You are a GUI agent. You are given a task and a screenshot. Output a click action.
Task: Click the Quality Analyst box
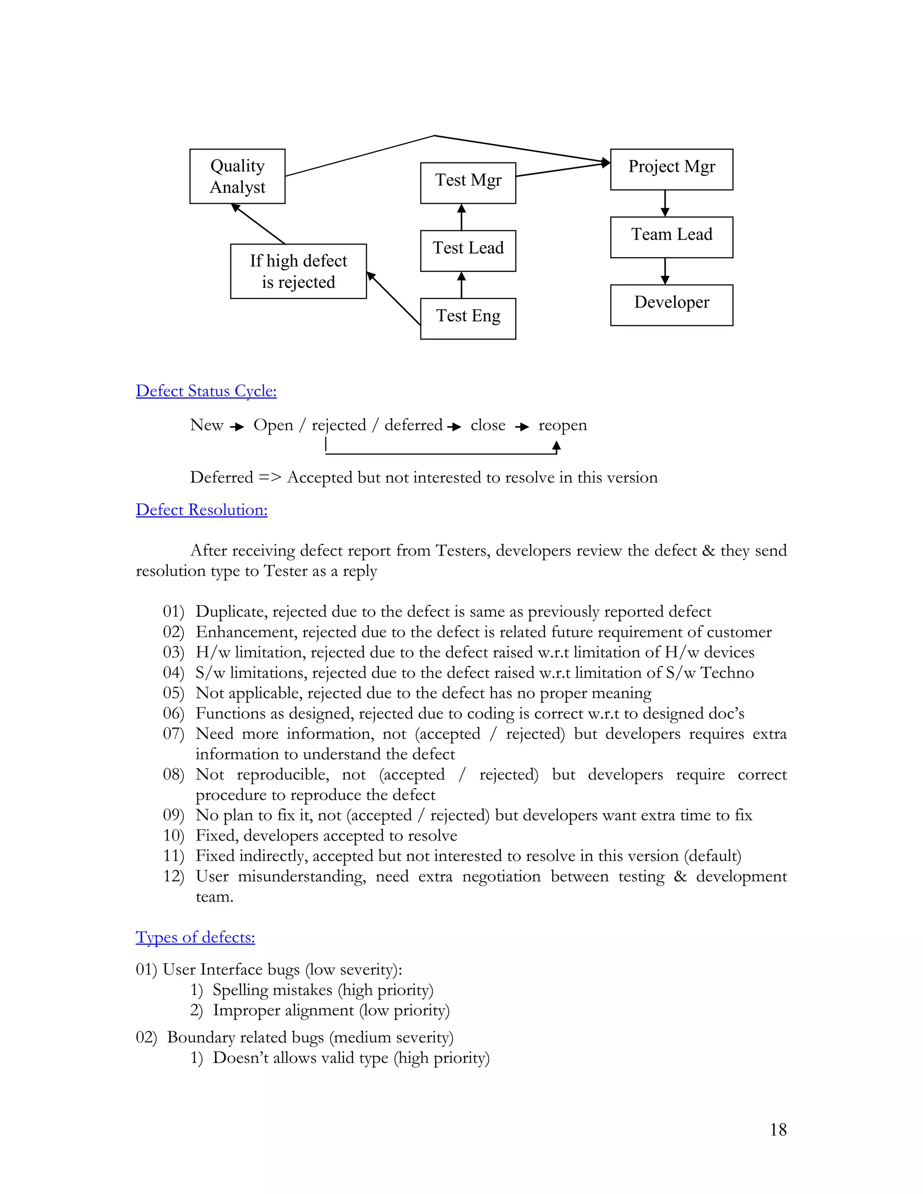pyautogui.click(x=238, y=176)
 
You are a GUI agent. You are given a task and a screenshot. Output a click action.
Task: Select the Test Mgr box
pyautogui.click(x=468, y=182)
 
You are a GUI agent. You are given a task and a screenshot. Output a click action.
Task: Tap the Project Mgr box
pyautogui.click(x=672, y=169)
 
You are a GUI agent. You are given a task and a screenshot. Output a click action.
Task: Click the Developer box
pyautogui.click(x=672, y=305)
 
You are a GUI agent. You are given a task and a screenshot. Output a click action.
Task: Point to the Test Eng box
pyautogui.click(x=468, y=318)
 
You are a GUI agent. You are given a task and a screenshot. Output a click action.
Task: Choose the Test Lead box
pyautogui.click(x=468, y=251)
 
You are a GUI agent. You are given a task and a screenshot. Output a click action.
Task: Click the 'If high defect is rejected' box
pyautogui.click(x=298, y=271)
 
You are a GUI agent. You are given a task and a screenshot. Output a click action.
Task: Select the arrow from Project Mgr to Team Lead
pyautogui.click(x=665, y=203)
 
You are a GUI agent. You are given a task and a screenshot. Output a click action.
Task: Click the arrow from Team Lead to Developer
pyautogui.click(x=665, y=271)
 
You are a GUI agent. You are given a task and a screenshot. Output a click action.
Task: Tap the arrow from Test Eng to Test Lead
pyautogui.click(x=461, y=285)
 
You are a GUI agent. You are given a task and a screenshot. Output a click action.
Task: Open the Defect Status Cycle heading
pyautogui.click(x=206, y=391)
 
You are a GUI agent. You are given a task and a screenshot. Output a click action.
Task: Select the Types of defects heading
pyautogui.click(x=195, y=937)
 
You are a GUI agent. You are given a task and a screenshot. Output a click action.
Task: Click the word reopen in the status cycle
pyautogui.click(x=562, y=425)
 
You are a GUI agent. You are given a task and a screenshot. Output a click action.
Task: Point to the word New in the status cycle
pyautogui.click(x=207, y=425)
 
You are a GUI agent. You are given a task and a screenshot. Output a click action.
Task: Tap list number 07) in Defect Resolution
pyautogui.click(x=174, y=734)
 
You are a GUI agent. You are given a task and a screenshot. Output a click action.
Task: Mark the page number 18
pyautogui.click(x=778, y=1130)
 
